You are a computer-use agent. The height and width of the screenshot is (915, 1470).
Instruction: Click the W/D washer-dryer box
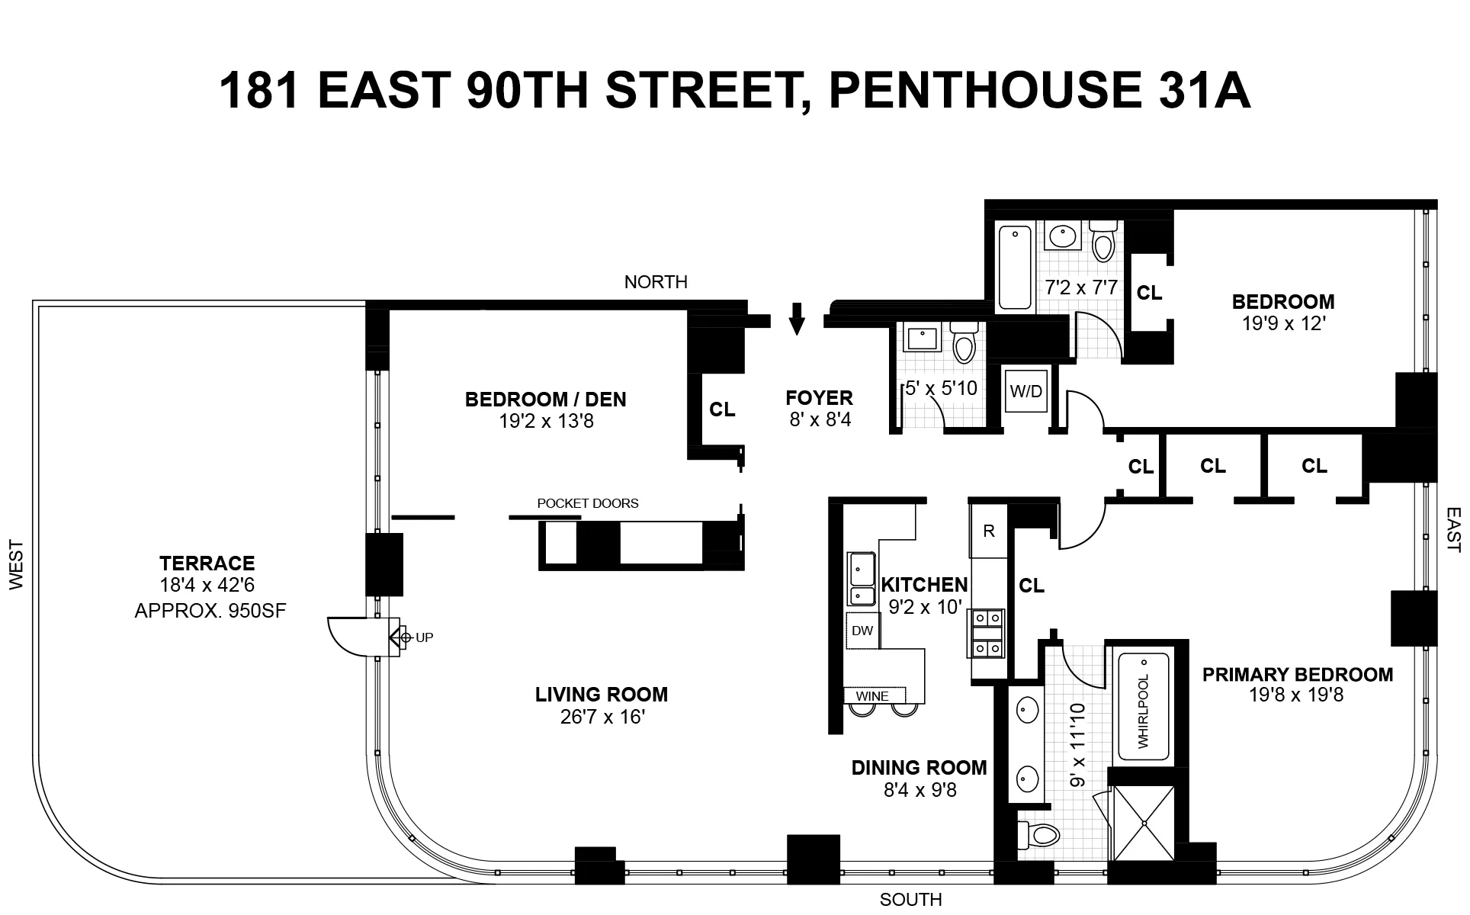tap(1025, 392)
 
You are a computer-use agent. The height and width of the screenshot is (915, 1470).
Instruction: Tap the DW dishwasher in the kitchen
tap(862, 631)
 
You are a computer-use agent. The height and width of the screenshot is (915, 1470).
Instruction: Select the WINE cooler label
tap(872, 695)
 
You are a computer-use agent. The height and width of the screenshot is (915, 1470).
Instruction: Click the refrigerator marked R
tap(988, 531)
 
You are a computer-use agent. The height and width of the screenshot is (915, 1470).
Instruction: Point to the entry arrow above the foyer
tap(797, 319)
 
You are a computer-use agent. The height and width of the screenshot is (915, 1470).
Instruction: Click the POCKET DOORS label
tap(588, 503)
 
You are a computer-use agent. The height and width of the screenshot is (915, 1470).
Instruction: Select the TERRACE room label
tap(207, 563)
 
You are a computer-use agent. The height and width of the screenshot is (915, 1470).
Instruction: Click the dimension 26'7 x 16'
tap(602, 717)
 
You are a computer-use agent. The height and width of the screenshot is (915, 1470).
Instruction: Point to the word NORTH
tap(656, 282)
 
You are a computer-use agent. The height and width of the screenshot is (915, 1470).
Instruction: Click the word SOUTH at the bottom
tap(910, 900)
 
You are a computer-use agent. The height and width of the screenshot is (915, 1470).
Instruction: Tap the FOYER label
tap(819, 398)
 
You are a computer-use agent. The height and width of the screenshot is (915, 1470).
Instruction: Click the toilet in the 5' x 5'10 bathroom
tap(964, 343)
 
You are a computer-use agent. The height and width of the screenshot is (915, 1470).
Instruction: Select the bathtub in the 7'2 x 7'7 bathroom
tap(1015, 267)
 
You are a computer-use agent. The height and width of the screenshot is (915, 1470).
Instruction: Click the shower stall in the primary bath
tap(1144, 823)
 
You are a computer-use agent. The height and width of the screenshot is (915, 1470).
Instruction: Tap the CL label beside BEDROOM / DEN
tap(722, 409)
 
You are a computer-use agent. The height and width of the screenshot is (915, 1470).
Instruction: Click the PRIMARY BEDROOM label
tap(1297, 675)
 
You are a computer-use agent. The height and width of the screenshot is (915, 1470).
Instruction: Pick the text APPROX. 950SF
tap(210, 611)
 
